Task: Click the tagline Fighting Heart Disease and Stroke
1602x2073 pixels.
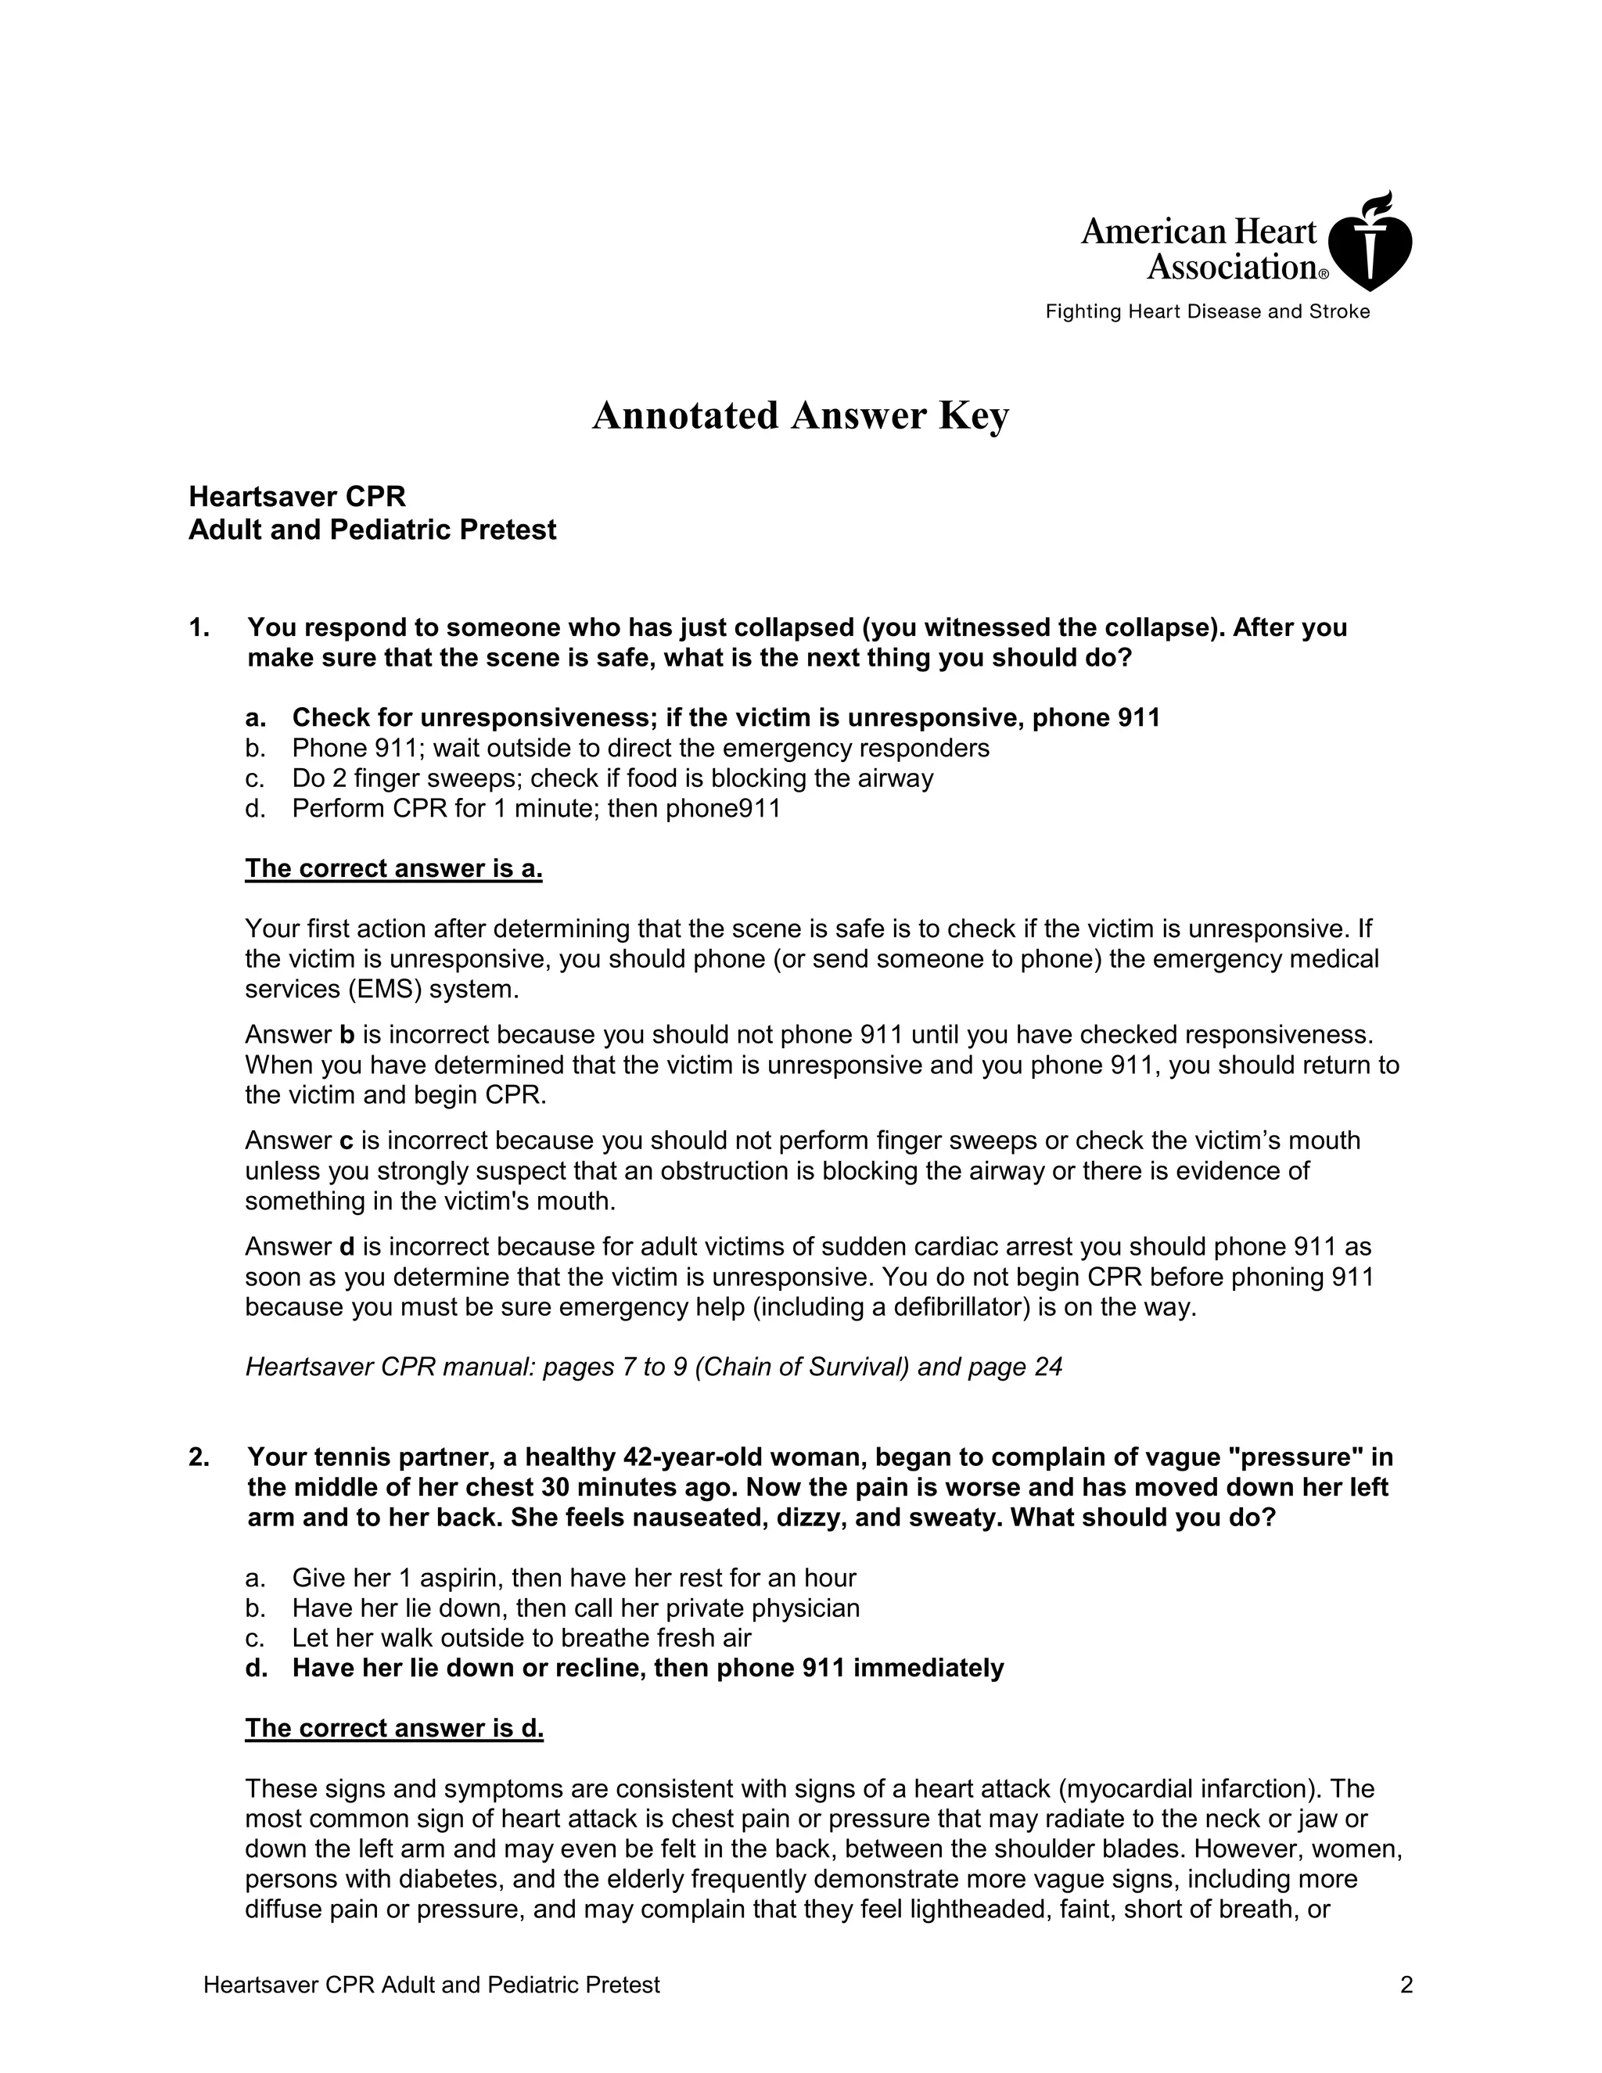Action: pos(1207,312)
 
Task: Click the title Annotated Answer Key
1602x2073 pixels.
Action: pos(800,415)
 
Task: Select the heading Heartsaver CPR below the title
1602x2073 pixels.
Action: pos(297,497)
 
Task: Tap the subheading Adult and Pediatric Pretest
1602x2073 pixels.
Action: pos(372,530)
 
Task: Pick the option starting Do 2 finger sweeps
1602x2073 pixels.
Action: pos(612,778)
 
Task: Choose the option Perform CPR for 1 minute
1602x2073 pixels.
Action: pos(535,809)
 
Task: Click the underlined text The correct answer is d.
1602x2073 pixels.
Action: pos(395,1729)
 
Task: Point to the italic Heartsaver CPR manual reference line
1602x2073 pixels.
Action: pos(653,1367)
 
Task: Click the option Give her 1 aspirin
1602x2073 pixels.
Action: pos(573,1579)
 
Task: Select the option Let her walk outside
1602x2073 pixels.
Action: pos(521,1638)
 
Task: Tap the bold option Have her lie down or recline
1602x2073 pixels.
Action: pos(647,1669)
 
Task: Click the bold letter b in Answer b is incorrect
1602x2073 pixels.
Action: pos(347,1035)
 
